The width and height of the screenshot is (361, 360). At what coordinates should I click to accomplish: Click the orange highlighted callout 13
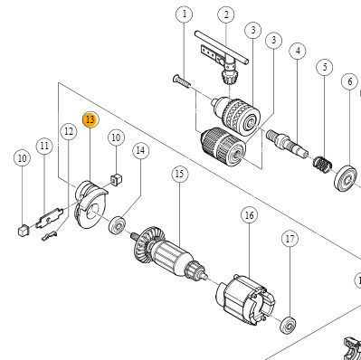point(90,119)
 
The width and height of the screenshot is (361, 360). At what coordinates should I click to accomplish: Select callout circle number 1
point(185,14)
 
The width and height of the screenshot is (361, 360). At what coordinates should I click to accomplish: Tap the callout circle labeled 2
point(226,14)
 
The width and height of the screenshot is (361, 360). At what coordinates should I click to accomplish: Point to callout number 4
point(298,51)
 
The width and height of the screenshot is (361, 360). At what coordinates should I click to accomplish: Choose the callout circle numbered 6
point(349,81)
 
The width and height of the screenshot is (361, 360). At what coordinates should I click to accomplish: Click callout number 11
point(44,146)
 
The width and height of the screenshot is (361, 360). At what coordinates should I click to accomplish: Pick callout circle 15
point(179,174)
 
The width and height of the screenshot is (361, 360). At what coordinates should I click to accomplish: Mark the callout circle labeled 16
point(250,215)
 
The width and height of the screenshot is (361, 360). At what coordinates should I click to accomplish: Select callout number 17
point(290,239)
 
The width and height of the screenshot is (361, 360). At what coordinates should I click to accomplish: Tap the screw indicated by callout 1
point(182,81)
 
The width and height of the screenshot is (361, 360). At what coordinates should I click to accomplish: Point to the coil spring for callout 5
point(323,164)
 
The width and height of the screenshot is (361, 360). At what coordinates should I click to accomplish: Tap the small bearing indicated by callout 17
point(288,325)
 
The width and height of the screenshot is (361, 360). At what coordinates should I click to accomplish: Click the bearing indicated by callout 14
point(118,225)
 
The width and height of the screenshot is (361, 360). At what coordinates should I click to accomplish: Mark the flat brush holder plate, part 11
point(49,217)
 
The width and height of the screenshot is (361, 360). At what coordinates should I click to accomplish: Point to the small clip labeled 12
point(49,236)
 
